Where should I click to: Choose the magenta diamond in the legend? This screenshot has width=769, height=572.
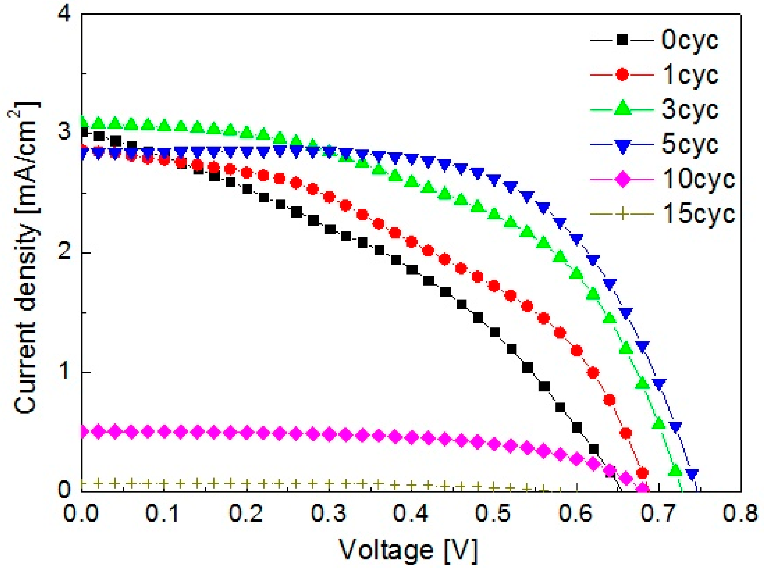pyautogui.click(x=622, y=180)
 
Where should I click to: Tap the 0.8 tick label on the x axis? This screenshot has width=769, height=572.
pyautogui.click(x=740, y=514)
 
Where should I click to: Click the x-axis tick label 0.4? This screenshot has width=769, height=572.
pyautogui.click(x=411, y=514)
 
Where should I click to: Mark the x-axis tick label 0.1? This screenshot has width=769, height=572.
pyautogui.click(x=163, y=514)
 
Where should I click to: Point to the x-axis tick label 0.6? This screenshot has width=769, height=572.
pyautogui.click(x=576, y=514)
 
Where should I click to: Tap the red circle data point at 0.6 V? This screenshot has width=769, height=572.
pyautogui.click(x=577, y=351)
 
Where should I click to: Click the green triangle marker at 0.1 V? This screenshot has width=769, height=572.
pyautogui.click(x=164, y=125)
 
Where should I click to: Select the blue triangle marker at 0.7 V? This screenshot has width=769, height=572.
pyautogui.click(x=659, y=384)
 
